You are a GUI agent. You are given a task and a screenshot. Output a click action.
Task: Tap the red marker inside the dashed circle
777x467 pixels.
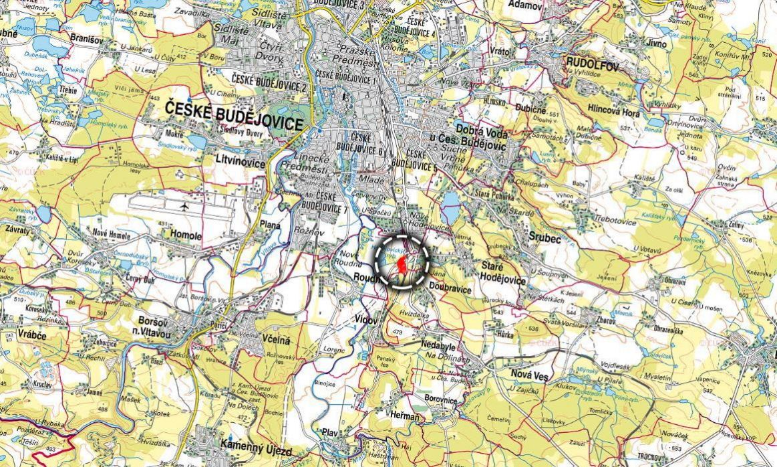pyautogui.click(x=402, y=265)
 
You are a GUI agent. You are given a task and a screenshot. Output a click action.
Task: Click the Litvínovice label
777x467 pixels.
pyautogui.click(x=241, y=162)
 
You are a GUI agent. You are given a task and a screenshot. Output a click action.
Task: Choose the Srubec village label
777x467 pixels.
pyautogui.click(x=542, y=236)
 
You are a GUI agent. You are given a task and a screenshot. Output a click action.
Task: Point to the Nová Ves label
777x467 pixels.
pyautogui.click(x=529, y=377)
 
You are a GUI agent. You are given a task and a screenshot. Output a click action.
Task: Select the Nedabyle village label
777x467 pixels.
pyautogui.click(x=440, y=345)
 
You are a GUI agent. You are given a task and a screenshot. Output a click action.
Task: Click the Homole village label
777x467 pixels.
pyautogui.click(x=186, y=236)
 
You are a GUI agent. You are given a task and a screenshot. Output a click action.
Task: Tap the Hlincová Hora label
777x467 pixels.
pyautogui.click(x=613, y=114)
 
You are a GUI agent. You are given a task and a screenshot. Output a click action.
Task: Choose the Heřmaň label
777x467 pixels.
pyautogui.click(x=406, y=416)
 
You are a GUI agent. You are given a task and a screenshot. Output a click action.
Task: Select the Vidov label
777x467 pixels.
pyautogui.click(x=367, y=320)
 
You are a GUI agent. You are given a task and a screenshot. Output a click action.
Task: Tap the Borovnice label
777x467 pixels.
pyautogui.click(x=440, y=399)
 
